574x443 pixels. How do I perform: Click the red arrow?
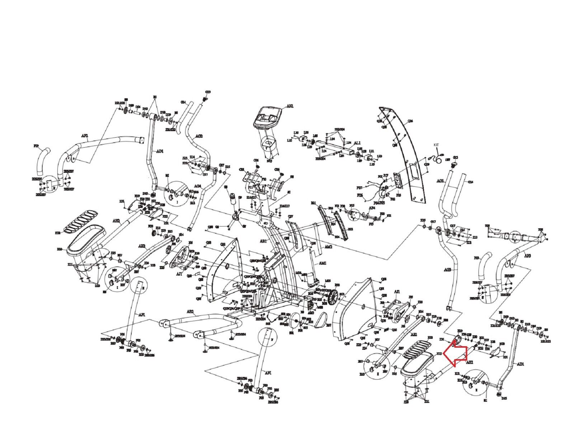click(x=455, y=355)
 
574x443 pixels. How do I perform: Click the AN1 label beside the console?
click(x=290, y=106)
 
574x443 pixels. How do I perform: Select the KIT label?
click(x=437, y=144)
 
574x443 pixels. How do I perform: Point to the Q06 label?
click(x=410, y=121)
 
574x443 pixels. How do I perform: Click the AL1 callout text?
click(x=357, y=143)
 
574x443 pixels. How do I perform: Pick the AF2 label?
click(x=85, y=136)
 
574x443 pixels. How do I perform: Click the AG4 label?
click(x=198, y=186)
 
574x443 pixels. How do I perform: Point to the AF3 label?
click(x=527, y=256)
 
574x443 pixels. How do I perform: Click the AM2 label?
click(x=328, y=247)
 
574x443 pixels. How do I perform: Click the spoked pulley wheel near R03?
click(x=333, y=298)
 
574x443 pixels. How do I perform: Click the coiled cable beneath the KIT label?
click(x=437, y=158)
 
